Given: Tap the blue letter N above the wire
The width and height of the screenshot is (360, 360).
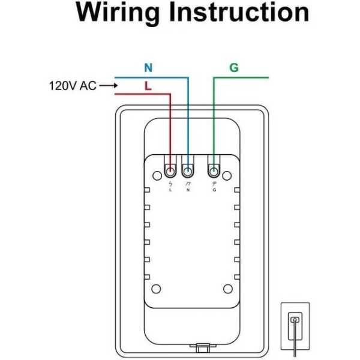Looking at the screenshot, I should pyautogui.click(x=148, y=68).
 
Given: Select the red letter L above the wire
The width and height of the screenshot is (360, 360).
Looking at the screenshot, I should pyautogui.click(x=148, y=86).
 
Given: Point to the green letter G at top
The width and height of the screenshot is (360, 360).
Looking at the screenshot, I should pyautogui.click(x=234, y=68).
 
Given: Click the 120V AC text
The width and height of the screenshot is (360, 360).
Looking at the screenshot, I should pyautogui.click(x=72, y=86).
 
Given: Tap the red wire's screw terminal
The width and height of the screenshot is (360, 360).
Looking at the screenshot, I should pyautogui.click(x=171, y=170).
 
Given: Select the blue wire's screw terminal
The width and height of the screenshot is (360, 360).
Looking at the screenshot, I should pyautogui.click(x=188, y=170).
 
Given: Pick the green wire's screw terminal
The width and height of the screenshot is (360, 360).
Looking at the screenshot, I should pyautogui.click(x=214, y=170).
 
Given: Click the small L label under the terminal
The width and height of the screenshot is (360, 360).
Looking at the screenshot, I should pyautogui.click(x=171, y=190).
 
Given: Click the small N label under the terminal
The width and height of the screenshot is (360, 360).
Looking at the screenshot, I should pyautogui.click(x=188, y=190).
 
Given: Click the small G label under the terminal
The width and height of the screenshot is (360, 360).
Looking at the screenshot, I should pyautogui.click(x=214, y=190).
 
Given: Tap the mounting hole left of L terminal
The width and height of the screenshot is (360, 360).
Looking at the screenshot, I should pyautogui.click(x=155, y=173).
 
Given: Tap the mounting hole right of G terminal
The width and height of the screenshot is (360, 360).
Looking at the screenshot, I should pyautogui.click(x=229, y=173).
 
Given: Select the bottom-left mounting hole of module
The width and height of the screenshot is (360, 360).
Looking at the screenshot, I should pyautogui.click(x=155, y=289).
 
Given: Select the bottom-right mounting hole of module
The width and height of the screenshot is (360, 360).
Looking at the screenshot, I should pyautogui.click(x=228, y=289).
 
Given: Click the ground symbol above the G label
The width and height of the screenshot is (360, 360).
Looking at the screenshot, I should pyautogui.click(x=214, y=183).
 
